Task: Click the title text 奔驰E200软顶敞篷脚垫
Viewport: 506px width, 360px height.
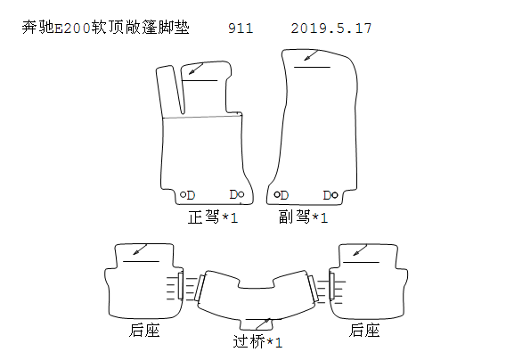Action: click(x=105, y=28)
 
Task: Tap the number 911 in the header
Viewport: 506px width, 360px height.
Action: click(x=241, y=29)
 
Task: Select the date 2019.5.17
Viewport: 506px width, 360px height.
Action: click(x=331, y=29)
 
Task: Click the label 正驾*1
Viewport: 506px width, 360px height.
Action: click(x=213, y=217)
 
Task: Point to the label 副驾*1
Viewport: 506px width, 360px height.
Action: click(x=304, y=217)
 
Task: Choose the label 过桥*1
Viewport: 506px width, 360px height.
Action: click(x=257, y=341)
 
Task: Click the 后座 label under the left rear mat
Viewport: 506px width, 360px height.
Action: click(x=144, y=330)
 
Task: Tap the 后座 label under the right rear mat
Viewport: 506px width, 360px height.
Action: click(x=364, y=330)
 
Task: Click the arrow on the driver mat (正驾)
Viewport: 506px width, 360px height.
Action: click(x=196, y=69)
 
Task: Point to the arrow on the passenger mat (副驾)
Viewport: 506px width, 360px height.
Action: click(x=312, y=55)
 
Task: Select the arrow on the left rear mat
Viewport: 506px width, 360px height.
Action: click(x=140, y=250)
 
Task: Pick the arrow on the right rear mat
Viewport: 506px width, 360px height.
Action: click(x=360, y=250)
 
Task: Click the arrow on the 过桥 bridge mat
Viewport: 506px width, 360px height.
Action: click(x=264, y=323)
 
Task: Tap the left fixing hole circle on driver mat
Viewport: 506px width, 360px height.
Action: click(x=183, y=194)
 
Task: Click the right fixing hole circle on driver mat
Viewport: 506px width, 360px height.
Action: click(x=241, y=194)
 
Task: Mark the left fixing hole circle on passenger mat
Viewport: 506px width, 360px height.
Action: click(x=277, y=194)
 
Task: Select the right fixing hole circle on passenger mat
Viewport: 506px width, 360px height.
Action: click(x=335, y=195)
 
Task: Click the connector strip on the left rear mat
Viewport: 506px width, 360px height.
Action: click(x=180, y=285)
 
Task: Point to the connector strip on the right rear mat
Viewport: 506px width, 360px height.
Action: click(x=331, y=286)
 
